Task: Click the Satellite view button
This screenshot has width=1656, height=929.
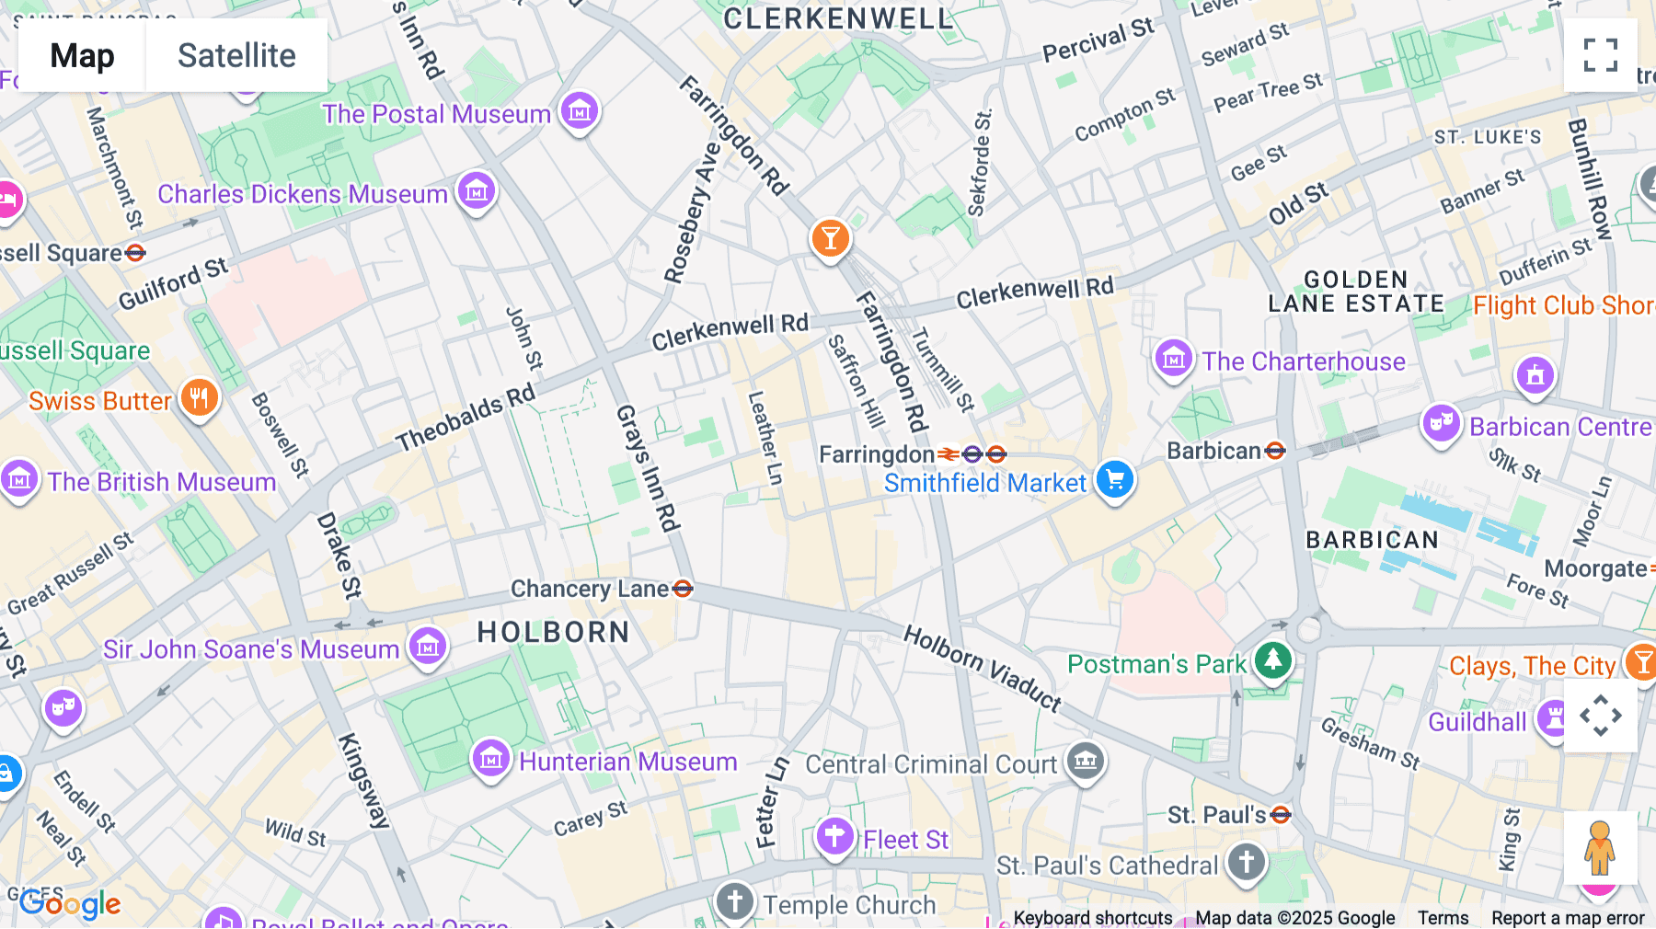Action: point(236,55)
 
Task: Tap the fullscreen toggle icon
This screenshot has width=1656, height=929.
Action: point(1600,55)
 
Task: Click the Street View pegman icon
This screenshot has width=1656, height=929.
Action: point(1600,848)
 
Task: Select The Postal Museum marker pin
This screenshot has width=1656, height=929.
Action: point(580,111)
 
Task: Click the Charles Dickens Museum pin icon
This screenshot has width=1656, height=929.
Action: point(477,191)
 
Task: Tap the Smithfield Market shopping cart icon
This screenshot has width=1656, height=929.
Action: point(1115,479)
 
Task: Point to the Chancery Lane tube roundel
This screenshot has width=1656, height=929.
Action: point(683,589)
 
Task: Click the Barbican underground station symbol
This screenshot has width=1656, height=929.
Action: point(1275,451)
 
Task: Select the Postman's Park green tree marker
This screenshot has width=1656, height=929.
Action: point(1273,659)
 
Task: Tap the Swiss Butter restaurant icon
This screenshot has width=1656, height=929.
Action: point(199,398)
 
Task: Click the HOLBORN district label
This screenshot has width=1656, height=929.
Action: point(553,633)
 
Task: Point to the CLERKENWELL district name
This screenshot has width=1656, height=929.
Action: point(837,18)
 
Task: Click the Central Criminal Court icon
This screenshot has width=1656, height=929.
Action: point(1086,761)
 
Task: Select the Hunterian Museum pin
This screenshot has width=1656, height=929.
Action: point(491,759)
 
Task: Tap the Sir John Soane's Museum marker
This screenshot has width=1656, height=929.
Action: point(428,647)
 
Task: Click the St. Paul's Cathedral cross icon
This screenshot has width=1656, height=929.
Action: point(1247,863)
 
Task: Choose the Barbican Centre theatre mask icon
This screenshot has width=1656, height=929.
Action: point(1441,423)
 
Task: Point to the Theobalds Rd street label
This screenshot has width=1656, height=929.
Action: point(466,418)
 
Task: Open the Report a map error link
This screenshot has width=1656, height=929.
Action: point(1568,918)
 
